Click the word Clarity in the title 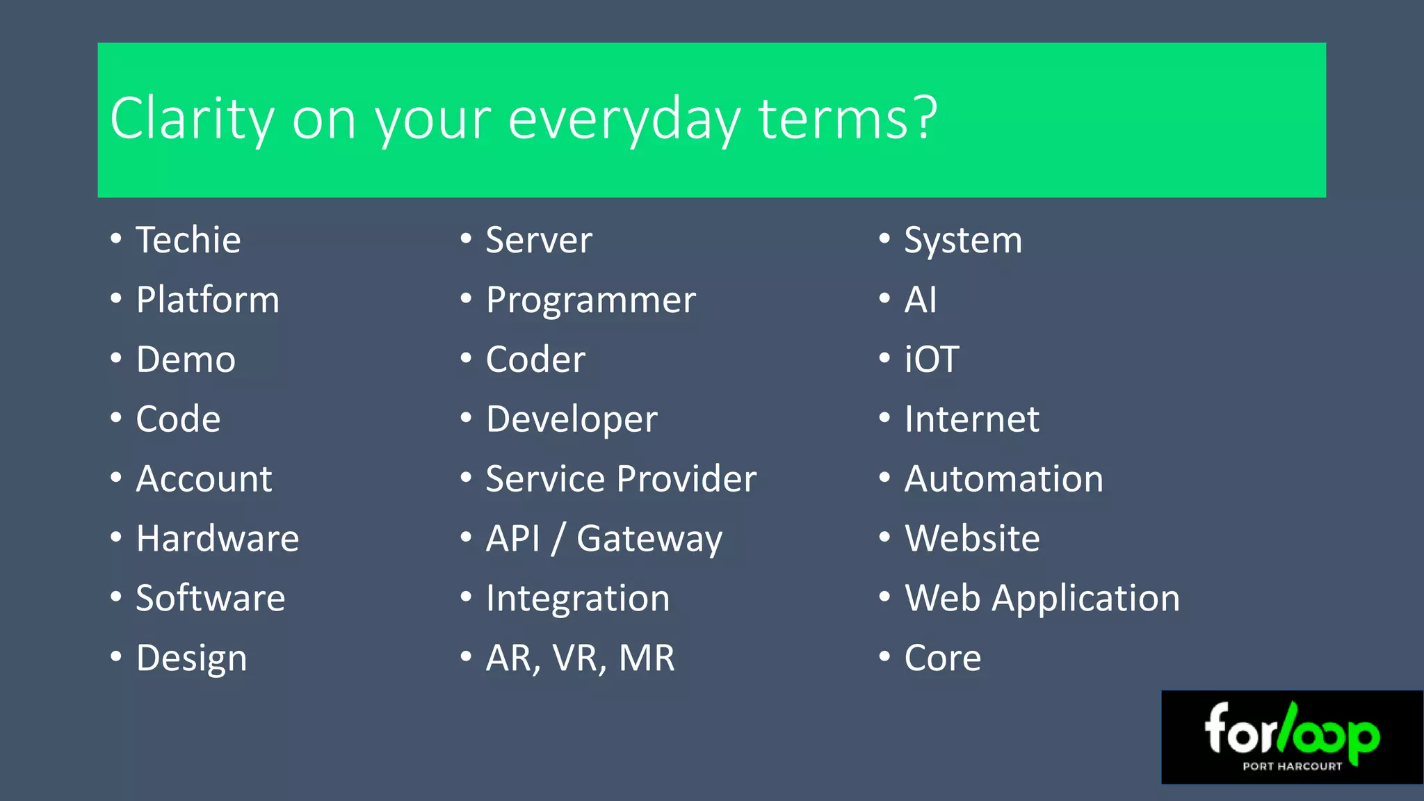coord(192,120)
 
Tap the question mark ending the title coord(925,118)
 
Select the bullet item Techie coord(188,241)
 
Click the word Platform coord(207,300)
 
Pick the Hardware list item coord(217,539)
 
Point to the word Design coord(191,658)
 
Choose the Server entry coord(539,241)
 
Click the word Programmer coord(590,300)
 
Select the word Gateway coord(649,540)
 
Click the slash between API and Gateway coord(558,539)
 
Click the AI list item coord(920,300)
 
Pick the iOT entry coord(931,360)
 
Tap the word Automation coord(1003,479)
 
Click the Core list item coord(942,658)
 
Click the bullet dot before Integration coord(466,597)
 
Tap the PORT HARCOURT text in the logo coord(1292,766)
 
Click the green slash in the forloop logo coord(1287,727)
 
